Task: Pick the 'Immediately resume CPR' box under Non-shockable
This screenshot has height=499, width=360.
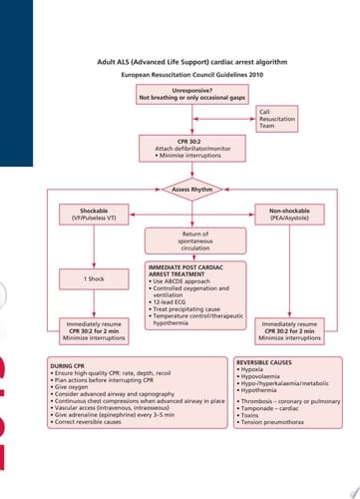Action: click(291, 330)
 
